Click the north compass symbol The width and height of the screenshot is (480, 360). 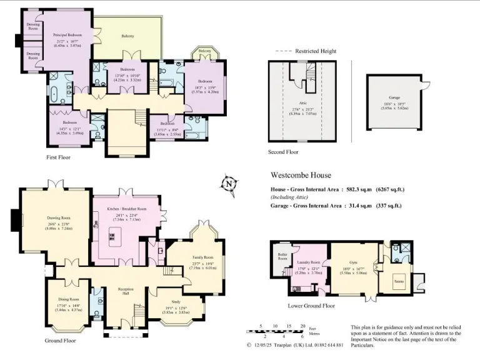(229, 184)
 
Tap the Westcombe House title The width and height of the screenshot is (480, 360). (301, 176)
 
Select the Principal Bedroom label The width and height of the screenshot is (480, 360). (67, 34)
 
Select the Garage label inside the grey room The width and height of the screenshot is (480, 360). (394, 97)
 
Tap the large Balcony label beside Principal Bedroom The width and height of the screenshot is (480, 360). (129, 36)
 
